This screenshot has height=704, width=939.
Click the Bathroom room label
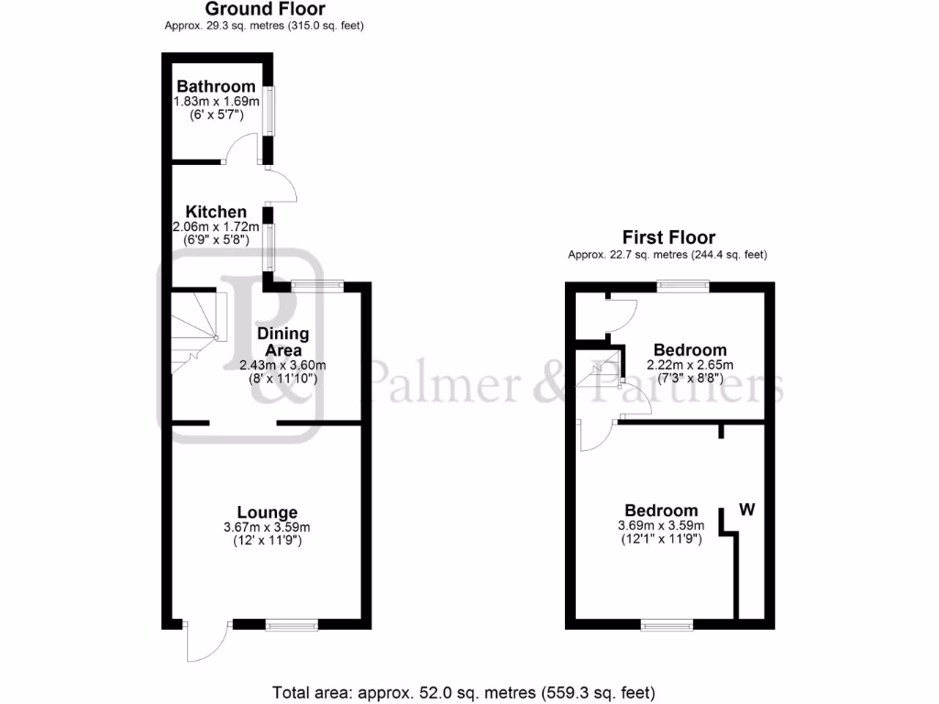(x=216, y=87)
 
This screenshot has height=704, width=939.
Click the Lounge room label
(x=267, y=512)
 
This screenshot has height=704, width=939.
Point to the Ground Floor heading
(x=265, y=9)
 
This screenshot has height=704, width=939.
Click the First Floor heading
(x=668, y=237)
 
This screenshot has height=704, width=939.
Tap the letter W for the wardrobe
(x=747, y=510)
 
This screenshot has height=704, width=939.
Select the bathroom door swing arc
(x=244, y=147)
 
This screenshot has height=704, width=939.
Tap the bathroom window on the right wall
(x=271, y=111)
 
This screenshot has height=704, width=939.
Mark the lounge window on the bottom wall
(x=292, y=625)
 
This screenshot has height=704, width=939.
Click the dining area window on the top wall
(x=317, y=286)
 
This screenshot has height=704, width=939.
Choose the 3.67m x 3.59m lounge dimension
(x=267, y=527)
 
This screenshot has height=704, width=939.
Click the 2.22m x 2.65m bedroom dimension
(x=690, y=365)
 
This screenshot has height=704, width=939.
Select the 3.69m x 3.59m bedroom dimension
(x=661, y=525)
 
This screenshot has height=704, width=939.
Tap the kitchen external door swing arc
(x=284, y=187)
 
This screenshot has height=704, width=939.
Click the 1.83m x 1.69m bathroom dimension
(x=216, y=102)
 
